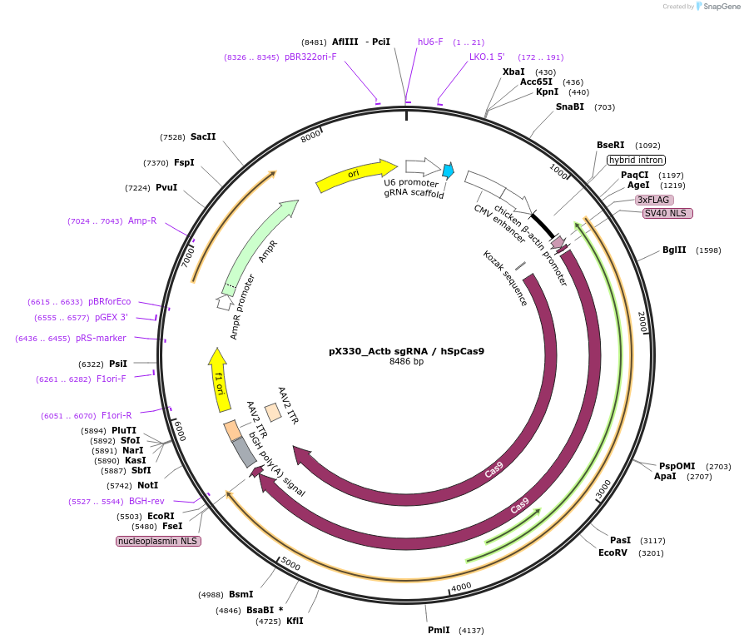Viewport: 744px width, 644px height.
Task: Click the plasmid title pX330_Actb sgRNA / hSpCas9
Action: tap(406, 350)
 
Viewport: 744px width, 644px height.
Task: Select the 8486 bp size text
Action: tap(406, 362)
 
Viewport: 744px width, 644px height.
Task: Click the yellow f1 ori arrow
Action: tap(220, 379)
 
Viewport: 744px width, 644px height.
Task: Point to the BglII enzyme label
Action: tap(674, 250)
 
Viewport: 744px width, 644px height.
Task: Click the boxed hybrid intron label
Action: tap(636, 160)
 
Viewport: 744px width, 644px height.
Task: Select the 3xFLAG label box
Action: tap(653, 200)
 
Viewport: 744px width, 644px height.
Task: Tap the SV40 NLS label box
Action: tap(667, 213)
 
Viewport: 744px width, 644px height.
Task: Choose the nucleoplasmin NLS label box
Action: tap(158, 541)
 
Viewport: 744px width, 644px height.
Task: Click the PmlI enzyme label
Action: tap(439, 630)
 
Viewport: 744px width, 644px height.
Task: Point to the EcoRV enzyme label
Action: tap(613, 552)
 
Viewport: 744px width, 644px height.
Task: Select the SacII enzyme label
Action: tap(203, 136)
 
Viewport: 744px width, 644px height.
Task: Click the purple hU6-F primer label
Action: tap(430, 42)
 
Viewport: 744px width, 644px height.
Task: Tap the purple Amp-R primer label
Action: tap(142, 220)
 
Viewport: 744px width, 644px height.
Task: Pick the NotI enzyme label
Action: tap(147, 485)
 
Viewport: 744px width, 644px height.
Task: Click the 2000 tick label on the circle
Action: tap(642, 322)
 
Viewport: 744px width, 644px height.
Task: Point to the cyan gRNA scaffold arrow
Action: tap(448, 171)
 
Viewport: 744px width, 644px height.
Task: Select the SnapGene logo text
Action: tap(718, 7)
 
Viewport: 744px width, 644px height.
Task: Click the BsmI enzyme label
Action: tap(241, 594)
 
